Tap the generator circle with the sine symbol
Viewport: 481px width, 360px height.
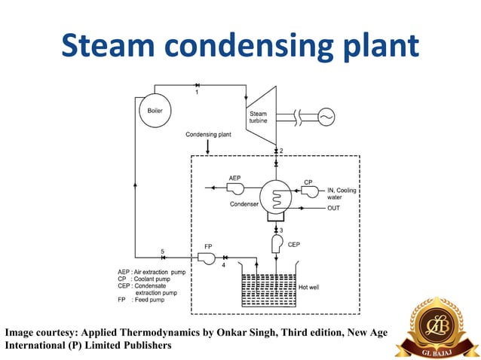327,117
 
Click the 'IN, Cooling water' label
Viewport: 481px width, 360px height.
341,194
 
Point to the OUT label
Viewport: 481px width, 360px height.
334,208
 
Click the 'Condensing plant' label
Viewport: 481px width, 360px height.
209,135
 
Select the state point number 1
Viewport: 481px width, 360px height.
198,93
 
